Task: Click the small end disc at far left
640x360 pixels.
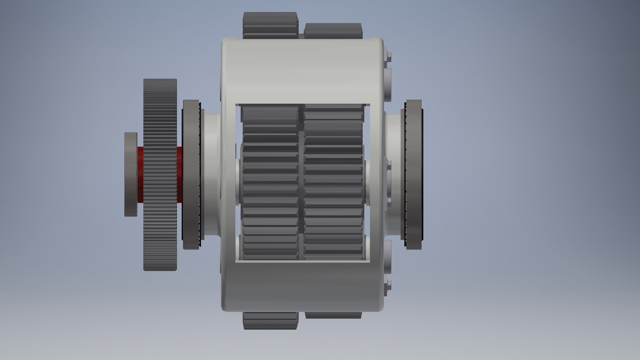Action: (130, 174)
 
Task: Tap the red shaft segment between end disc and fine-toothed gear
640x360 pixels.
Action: (140, 175)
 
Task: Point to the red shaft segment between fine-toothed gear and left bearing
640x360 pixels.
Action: (179, 175)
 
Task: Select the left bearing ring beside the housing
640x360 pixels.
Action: (191, 174)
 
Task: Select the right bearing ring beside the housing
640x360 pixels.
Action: (413, 174)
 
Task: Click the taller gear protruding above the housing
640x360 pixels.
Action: (270, 25)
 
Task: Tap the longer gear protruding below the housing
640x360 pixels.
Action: (270, 321)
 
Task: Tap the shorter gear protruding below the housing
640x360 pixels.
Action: (333, 315)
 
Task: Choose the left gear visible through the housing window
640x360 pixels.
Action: (270, 182)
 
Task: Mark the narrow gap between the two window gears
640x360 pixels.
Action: (301, 182)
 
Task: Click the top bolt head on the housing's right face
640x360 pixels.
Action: (389, 57)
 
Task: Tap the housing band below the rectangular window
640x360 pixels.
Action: (302, 287)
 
